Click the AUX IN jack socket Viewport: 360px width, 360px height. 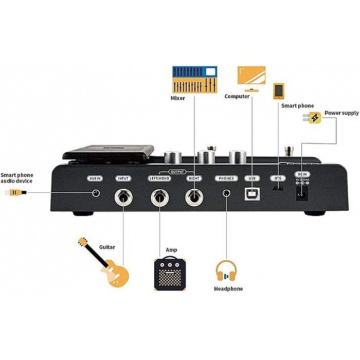coord(95,192)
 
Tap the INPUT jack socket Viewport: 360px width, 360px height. coord(123,196)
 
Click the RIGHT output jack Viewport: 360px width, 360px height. coord(194,196)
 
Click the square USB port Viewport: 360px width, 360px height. coord(252,194)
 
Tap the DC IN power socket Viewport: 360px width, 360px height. coord(302,193)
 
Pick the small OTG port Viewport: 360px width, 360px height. coord(278,190)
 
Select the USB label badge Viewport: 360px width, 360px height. coord(251,178)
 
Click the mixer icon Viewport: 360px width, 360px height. coord(194,79)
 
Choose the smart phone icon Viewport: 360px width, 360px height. coord(279,91)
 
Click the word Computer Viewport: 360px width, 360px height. coord(237,96)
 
